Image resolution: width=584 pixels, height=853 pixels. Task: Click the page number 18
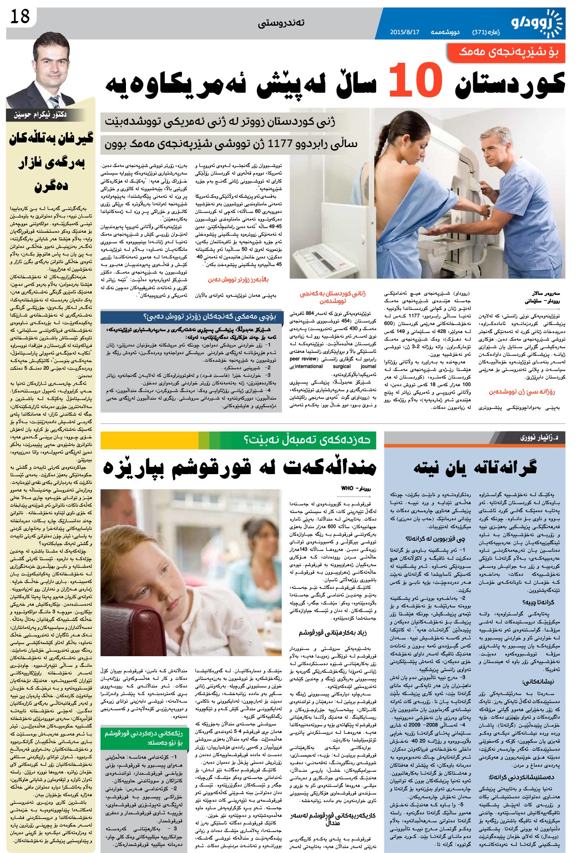19,17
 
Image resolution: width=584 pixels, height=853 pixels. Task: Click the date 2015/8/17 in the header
405,32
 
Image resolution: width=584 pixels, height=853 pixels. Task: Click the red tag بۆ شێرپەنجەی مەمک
511,52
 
